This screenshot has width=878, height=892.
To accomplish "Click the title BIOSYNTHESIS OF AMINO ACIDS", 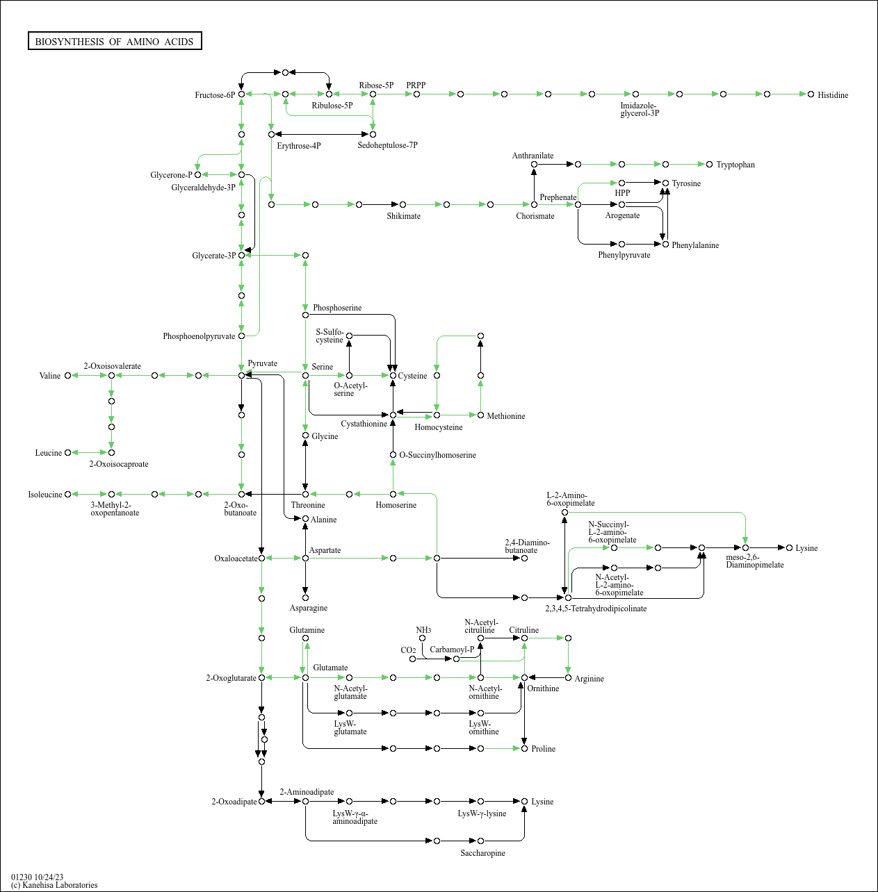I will (x=115, y=42).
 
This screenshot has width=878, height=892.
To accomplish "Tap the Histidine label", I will (x=833, y=95).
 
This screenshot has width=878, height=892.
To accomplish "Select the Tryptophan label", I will (x=735, y=165).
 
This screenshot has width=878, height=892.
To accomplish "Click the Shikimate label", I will (x=403, y=216).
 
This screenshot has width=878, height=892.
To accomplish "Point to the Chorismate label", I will (x=535, y=216).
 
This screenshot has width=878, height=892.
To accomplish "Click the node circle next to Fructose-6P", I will (x=241, y=94).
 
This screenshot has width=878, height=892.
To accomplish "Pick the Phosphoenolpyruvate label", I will (x=199, y=336).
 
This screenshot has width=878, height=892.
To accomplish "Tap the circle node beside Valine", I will (x=67, y=376).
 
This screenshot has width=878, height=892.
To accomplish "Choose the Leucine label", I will (x=49, y=453).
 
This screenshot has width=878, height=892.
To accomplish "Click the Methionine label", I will (x=506, y=416).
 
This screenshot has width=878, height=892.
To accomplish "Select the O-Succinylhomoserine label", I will (x=437, y=455).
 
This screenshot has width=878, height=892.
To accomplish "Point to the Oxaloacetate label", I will (x=236, y=559).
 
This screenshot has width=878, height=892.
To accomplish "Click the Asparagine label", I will (x=309, y=608).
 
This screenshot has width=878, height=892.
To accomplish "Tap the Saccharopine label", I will (x=482, y=853).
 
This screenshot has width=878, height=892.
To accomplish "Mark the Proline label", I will (x=543, y=749).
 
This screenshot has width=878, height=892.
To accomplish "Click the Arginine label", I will (x=589, y=679).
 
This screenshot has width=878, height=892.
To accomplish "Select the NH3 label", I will (x=423, y=630).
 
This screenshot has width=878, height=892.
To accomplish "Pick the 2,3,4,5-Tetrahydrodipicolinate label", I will (x=596, y=609).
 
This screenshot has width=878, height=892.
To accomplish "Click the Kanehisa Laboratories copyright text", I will (x=54, y=885).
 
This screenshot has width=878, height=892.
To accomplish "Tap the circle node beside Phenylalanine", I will (x=665, y=245).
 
